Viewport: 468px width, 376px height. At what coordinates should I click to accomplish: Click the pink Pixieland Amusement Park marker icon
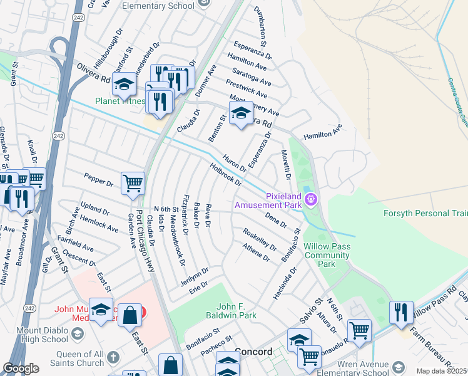tap(312, 201)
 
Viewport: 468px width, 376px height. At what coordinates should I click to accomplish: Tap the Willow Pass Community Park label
tap(327, 256)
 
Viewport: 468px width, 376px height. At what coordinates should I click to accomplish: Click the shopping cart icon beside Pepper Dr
tap(133, 183)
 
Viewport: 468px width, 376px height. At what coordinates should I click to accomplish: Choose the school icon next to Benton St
tap(241, 113)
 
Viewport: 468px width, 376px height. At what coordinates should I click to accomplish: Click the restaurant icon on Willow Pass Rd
tap(401, 311)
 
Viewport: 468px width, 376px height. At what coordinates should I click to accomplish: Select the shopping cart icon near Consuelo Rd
tap(359, 330)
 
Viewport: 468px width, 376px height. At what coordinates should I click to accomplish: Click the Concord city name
tap(253, 352)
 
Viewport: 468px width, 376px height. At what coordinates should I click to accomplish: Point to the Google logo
tap(21, 368)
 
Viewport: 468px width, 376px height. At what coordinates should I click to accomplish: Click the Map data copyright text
tap(442, 371)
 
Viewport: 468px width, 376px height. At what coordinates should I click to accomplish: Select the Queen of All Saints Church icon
tap(113, 357)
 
